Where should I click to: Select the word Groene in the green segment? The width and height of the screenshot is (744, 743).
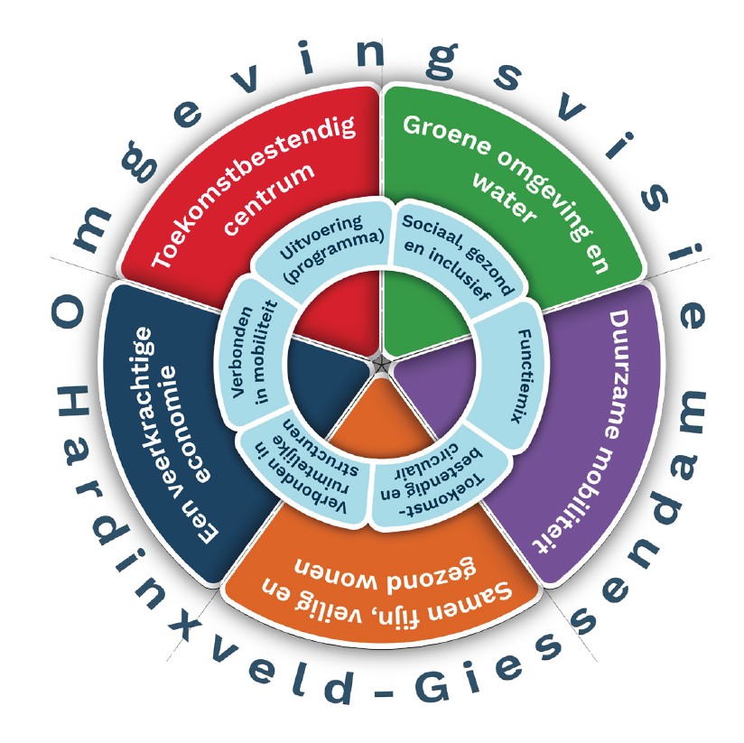coord(433,135)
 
